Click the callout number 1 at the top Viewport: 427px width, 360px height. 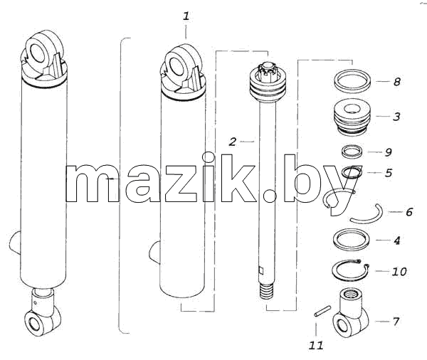186,16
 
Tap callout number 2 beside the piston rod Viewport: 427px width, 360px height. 232,142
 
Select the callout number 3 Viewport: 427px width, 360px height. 396,117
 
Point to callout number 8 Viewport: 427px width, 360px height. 397,81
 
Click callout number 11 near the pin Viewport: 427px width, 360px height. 316,345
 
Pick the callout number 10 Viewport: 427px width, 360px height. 399,271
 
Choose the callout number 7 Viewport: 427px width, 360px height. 396,322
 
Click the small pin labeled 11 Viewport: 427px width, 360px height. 322,311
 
